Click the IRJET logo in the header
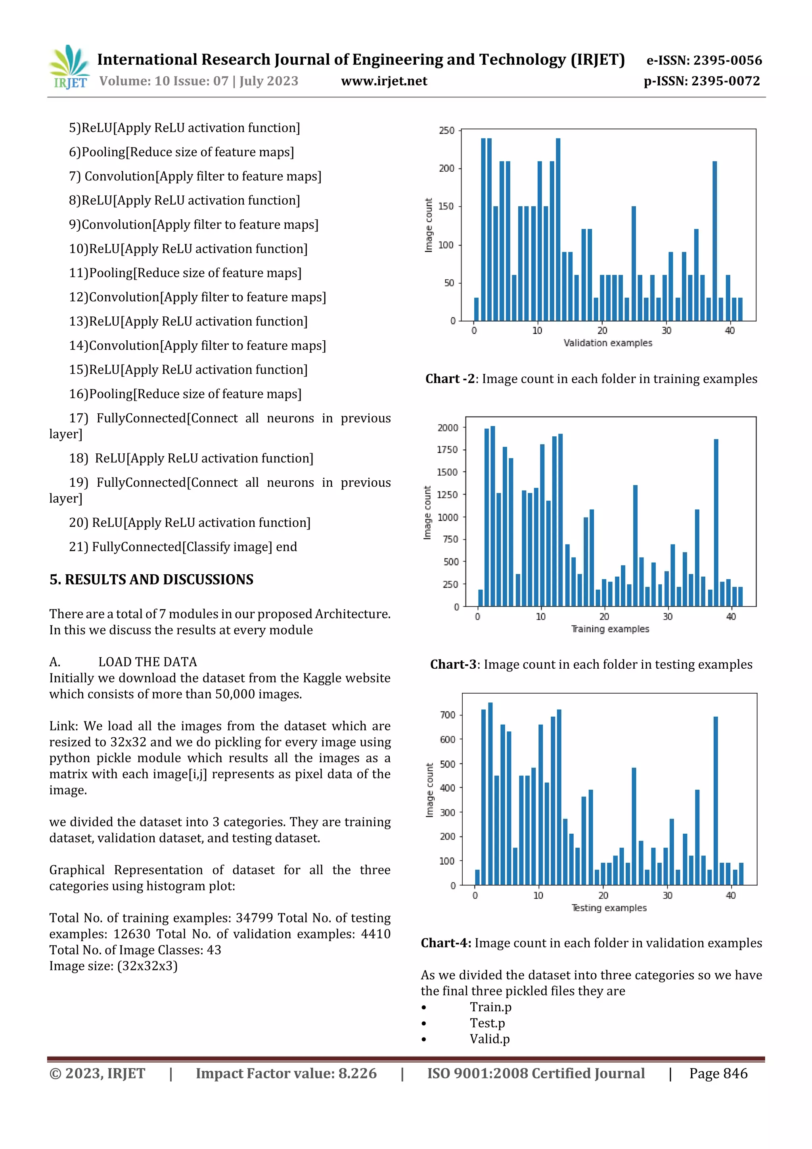(x=69, y=67)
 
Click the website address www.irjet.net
(x=384, y=81)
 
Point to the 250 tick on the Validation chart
(x=446, y=130)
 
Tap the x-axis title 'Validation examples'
(x=607, y=343)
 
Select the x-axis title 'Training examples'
(x=610, y=629)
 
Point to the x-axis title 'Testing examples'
(x=609, y=908)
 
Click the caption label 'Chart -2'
(x=449, y=379)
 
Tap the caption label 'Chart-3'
(x=453, y=665)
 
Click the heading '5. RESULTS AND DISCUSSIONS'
(x=151, y=579)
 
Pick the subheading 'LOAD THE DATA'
(x=147, y=662)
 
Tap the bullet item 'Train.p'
(x=490, y=1007)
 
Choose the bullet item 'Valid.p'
(x=489, y=1039)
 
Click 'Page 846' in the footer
(x=718, y=1073)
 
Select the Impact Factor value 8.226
(x=357, y=1073)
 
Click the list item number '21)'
(x=79, y=547)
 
